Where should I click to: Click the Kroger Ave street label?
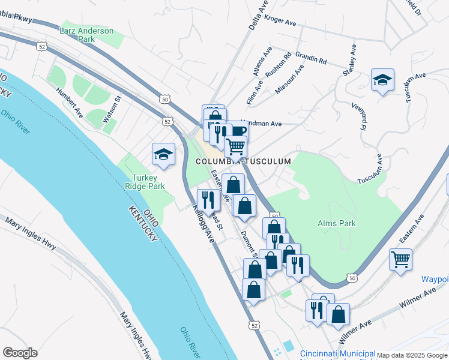[x=280, y=23]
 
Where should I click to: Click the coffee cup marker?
[x=238, y=132]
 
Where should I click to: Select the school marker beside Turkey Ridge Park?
[x=163, y=154]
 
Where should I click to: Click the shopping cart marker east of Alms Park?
[x=400, y=260]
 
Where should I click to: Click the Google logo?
[x=20, y=353]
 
